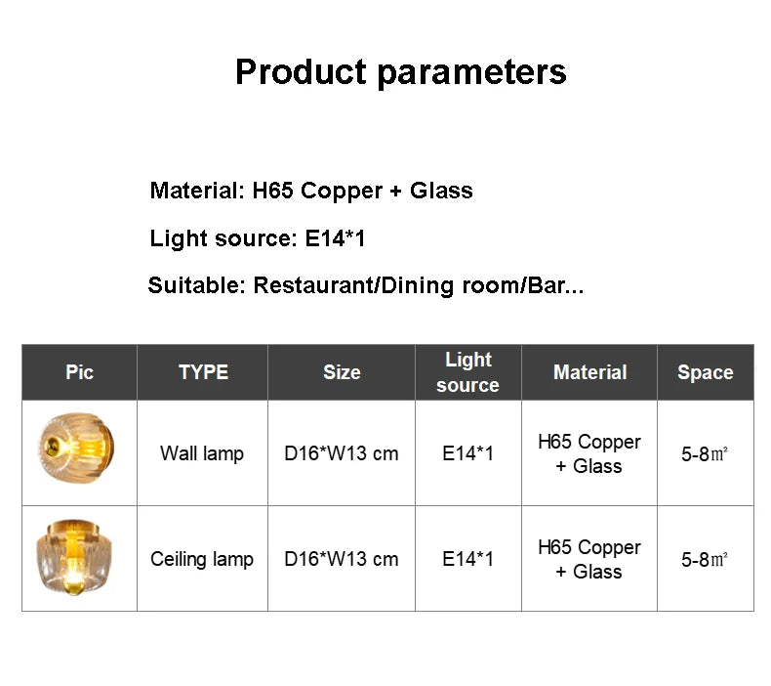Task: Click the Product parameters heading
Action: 400,72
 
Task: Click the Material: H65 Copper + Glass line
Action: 311,191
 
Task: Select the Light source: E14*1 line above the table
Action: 258,238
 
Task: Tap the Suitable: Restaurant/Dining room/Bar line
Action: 366,285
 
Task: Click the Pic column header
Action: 79,372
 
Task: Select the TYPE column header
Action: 203,372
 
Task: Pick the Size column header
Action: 342,372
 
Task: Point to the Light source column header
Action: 467,372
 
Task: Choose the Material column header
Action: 589,372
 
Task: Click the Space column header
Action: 705,372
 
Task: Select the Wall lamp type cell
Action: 202,453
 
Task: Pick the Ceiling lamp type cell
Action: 202,559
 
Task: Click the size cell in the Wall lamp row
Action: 342,453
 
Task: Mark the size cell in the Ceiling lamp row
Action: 342,559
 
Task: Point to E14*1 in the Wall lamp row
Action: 467,453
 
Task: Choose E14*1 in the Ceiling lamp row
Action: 467,559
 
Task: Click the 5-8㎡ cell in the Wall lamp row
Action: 705,454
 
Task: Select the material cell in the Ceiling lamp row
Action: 589,559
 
